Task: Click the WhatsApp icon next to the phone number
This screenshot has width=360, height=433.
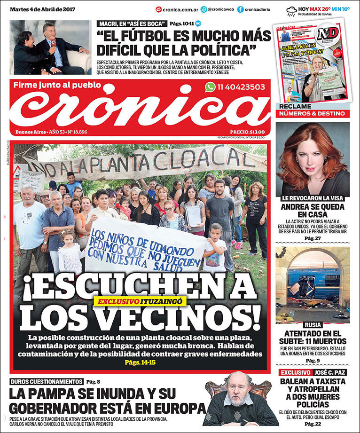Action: coord(210,87)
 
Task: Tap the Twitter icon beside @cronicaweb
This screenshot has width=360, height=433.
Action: coord(203,9)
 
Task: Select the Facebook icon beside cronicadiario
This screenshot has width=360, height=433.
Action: coord(241,9)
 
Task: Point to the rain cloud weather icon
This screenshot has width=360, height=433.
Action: coord(291,10)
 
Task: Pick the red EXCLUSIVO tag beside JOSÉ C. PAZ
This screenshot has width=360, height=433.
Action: coord(295,372)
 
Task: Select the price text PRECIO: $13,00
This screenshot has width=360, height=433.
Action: coord(247,132)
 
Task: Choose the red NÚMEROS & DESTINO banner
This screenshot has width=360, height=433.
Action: coord(313,114)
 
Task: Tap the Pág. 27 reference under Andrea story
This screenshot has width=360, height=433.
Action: coord(313,238)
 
